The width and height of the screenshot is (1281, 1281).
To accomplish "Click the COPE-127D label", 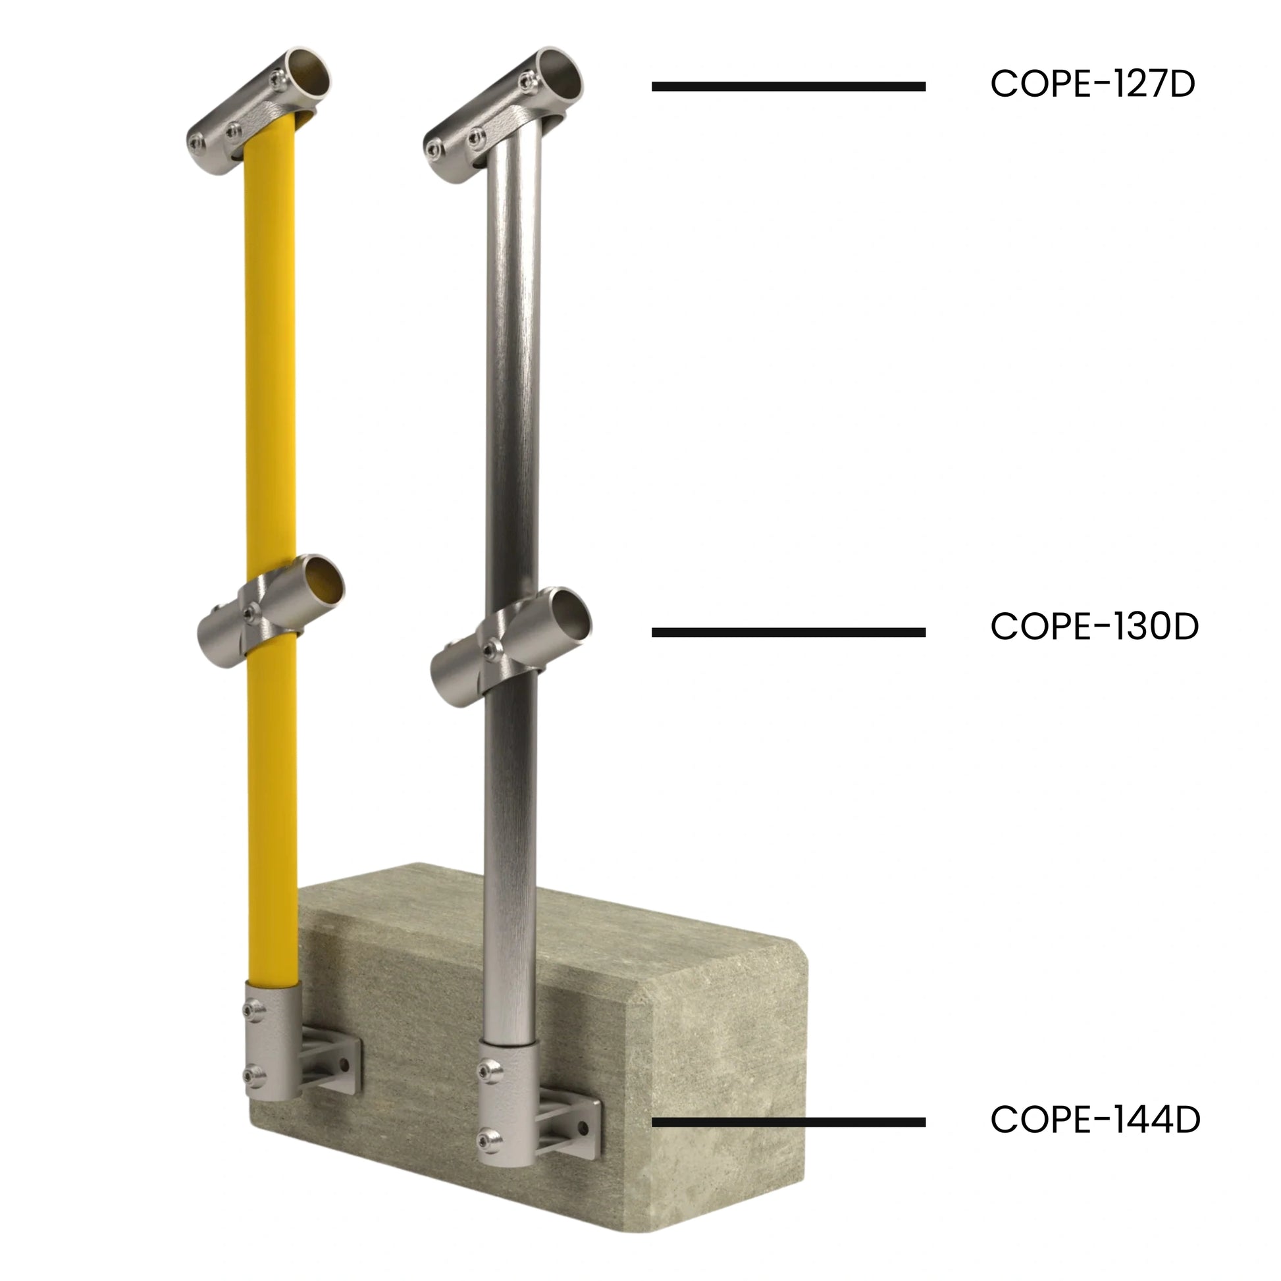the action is (1093, 84).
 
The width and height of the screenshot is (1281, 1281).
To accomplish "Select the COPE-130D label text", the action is (1095, 627).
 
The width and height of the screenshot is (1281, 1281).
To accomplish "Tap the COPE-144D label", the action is (1095, 1120).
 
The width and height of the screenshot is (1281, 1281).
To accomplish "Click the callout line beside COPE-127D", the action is (789, 86).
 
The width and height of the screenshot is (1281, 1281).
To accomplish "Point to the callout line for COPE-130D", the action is (789, 633).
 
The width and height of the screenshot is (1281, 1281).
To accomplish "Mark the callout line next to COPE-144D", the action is (789, 1122).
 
